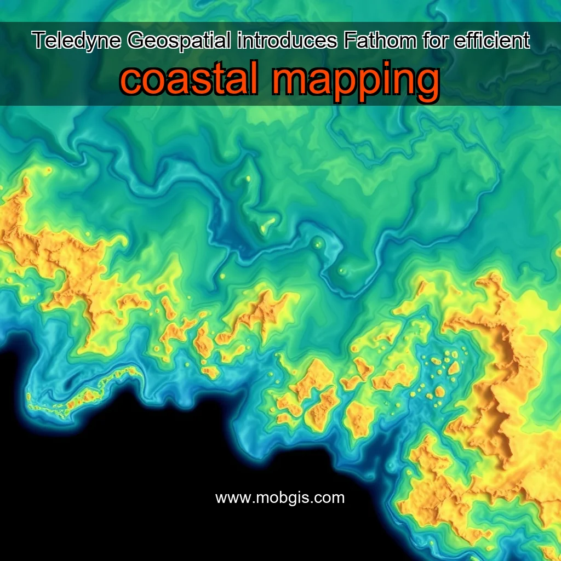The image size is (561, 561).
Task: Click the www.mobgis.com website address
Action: (280, 498)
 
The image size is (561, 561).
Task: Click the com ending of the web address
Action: (332, 499)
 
